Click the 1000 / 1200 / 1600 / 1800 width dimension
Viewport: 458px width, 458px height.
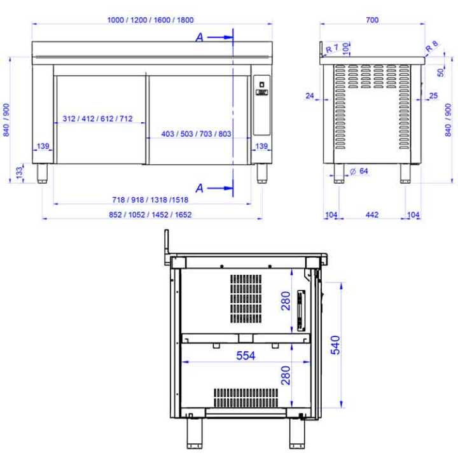click(150, 20)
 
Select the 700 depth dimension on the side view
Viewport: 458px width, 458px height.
click(372, 20)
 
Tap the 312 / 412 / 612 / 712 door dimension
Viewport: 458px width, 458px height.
click(97, 118)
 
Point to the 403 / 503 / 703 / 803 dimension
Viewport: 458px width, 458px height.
click(196, 134)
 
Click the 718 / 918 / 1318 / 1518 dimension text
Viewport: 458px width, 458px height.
click(150, 200)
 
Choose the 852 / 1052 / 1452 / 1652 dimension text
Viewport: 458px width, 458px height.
click(150, 215)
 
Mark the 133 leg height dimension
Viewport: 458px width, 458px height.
click(19, 172)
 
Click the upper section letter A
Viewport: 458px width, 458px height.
click(200, 38)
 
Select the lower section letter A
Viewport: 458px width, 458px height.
click(200, 188)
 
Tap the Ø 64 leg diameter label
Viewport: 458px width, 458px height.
click(359, 171)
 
